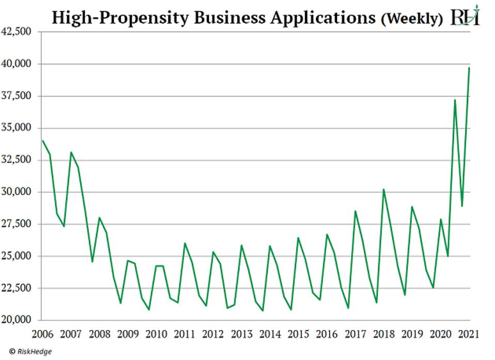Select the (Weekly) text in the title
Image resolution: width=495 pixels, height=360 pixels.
click(412, 19)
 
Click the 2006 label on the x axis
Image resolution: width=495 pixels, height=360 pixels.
click(42, 334)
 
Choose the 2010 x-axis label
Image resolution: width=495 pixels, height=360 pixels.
click(156, 334)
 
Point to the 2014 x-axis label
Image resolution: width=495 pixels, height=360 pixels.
click(270, 334)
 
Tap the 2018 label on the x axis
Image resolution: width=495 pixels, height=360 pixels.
click(383, 334)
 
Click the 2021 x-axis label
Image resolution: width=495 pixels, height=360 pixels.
click(469, 334)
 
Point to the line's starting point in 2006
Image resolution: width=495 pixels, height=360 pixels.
click(42, 140)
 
